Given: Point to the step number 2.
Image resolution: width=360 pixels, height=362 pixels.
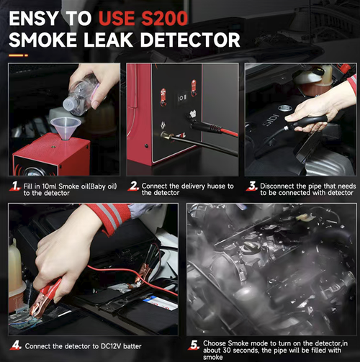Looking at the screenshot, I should [x=133, y=186].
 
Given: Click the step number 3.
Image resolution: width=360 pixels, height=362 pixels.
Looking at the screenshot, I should [x=251, y=186].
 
